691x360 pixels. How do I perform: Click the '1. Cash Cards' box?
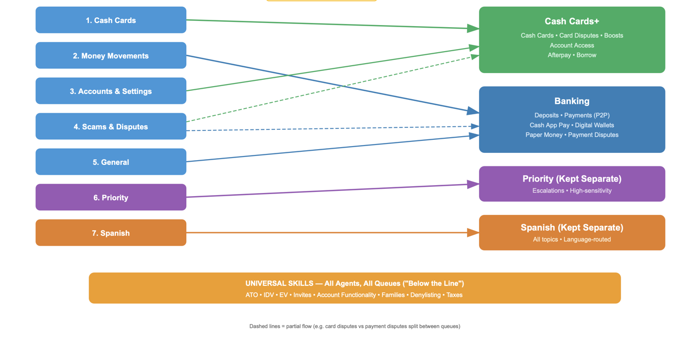click(x=111, y=20)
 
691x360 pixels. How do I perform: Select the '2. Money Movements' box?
click(x=111, y=55)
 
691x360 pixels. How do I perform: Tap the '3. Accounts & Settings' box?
click(x=111, y=91)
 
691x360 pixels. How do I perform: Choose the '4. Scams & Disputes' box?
click(x=111, y=126)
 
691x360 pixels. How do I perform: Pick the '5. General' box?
click(x=111, y=162)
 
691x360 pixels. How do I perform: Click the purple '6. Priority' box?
click(x=111, y=197)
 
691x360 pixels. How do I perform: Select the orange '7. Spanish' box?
click(x=111, y=233)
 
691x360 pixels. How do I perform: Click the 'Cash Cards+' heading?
click(x=572, y=21)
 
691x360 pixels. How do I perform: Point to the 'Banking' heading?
click(x=572, y=101)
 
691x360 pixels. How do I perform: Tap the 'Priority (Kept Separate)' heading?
click(x=572, y=179)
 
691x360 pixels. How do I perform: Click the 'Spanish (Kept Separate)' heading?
click(x=572, y=227)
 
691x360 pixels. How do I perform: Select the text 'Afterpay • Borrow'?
click(x=572, y=55)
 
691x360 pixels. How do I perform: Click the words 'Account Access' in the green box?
click(x=572, y=45)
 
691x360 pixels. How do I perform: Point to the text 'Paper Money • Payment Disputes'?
click(x=572, y=135)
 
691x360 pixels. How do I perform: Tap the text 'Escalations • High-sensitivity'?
click(x=572, y=190)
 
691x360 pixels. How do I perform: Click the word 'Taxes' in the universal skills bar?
click(x=455, y=295)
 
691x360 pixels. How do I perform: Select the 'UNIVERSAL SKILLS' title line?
click(x=355, y=283)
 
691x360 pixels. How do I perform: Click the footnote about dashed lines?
click(x=355, y=327)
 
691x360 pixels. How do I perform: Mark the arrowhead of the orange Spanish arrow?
click(x=473, y=233)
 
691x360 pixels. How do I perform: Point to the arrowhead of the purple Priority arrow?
click(x=473, y=185)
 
